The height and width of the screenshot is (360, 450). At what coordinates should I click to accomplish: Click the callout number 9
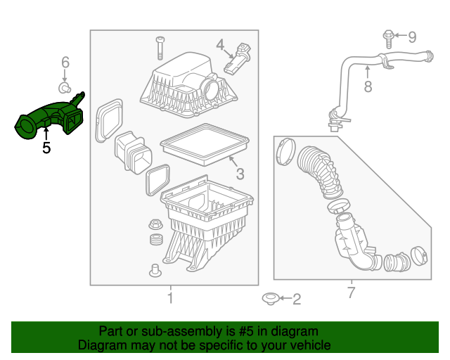[413, 37]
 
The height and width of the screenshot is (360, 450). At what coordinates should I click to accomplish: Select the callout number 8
[366, 87]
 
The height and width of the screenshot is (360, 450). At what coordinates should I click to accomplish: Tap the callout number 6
[65, 63]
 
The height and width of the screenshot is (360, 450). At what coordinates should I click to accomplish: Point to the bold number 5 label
[46, 148]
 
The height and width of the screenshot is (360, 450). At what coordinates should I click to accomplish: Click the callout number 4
[220, 45]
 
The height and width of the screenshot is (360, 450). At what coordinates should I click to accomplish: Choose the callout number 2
[296, 300]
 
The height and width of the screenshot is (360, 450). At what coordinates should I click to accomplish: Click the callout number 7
[351, 292]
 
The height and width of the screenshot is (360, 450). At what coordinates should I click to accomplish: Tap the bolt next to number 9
[387, 37]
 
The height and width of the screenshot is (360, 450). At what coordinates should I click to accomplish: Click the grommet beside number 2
[270, 300]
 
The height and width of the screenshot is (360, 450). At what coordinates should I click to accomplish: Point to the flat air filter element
[204, 143]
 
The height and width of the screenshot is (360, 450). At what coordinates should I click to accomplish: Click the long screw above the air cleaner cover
[160, 48]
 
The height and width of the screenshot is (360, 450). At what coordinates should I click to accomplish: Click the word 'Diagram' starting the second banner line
[101, 345]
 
